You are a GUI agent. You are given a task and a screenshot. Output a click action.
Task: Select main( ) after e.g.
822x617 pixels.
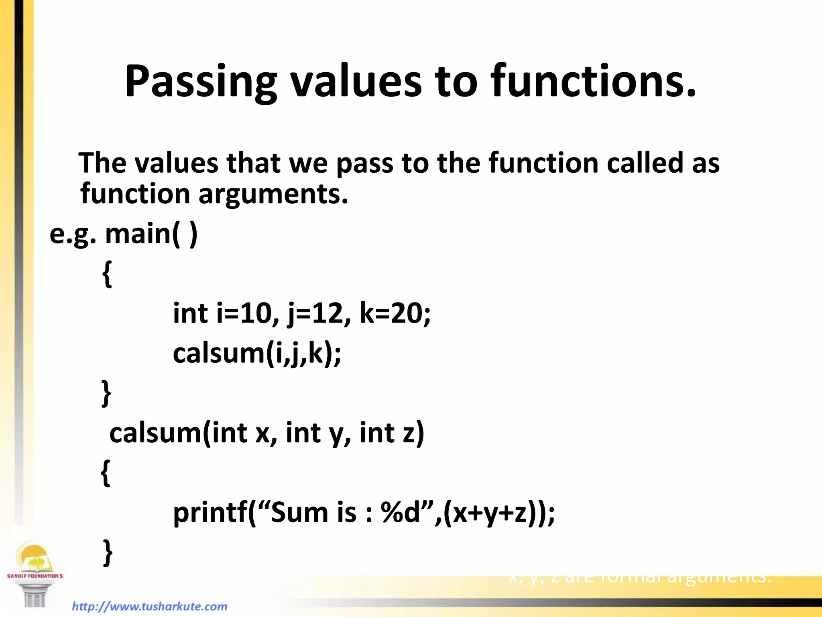pyautogui.click(x=151, y=234)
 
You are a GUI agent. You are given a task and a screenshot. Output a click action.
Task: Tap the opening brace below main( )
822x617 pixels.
pyautogui.click(x=107, y=274)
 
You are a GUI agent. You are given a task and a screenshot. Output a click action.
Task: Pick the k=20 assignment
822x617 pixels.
pyautogui.click(x=395, y=314)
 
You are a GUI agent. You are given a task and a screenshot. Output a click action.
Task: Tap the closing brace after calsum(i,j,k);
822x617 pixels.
pyautogui.click(x=106, y=393)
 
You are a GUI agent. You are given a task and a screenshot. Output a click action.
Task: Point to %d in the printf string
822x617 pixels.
pyautogui.click(x=401, y=513)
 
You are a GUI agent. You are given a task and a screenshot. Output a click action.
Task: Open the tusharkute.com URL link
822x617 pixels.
pyautogui.click(x=149, y=606)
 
